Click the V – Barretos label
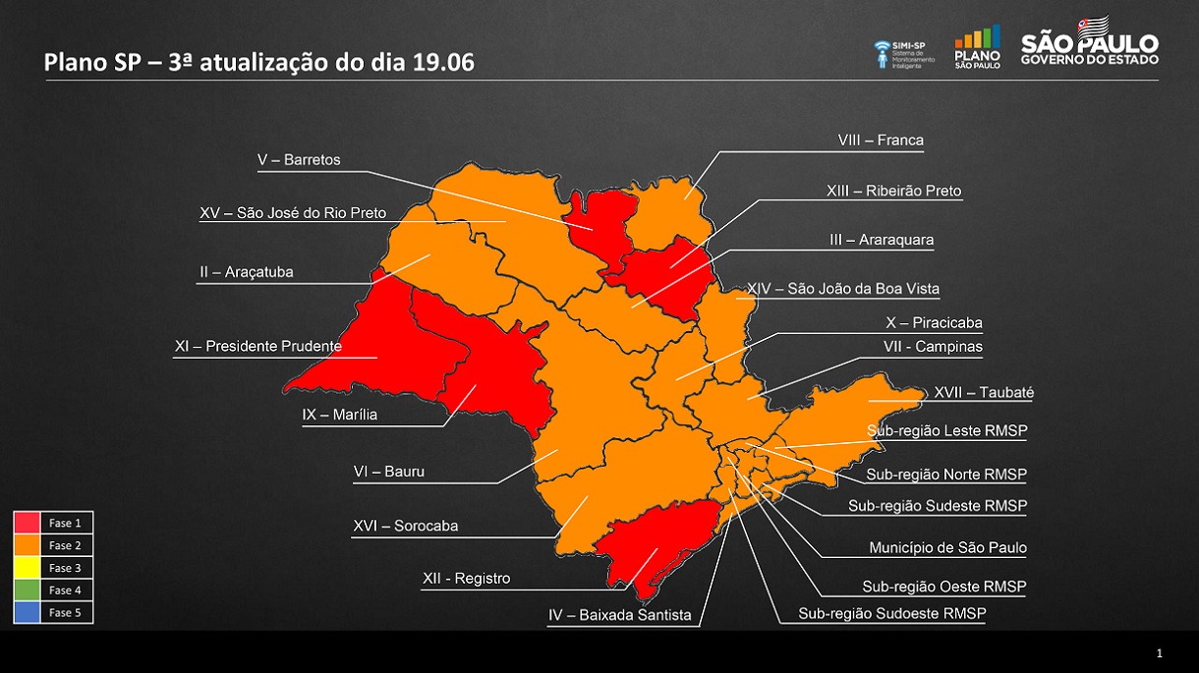click(x=299, y=160)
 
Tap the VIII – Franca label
click(x=881, y=140)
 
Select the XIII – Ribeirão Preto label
click(x=893, y=191)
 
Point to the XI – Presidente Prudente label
click(x=258, y=346)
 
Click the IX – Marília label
click(x=340, y=415)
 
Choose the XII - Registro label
click(x=466, y=579)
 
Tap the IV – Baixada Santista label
click(x=620, y=616)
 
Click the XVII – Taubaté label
click(x=984, y=393)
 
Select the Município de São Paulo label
click(x=947, y=547)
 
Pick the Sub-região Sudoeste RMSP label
click(x=891, y=614)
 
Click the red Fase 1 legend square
click(x=28, y=524)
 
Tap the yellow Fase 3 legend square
click(x=28, y=568)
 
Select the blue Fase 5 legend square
click(x=28, y=612)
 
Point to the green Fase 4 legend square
click(x=28, y=590)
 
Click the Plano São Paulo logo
click(x=977, y=46)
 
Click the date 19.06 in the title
click(x=441, y=63)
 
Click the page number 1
click(x=1160, y=653)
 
